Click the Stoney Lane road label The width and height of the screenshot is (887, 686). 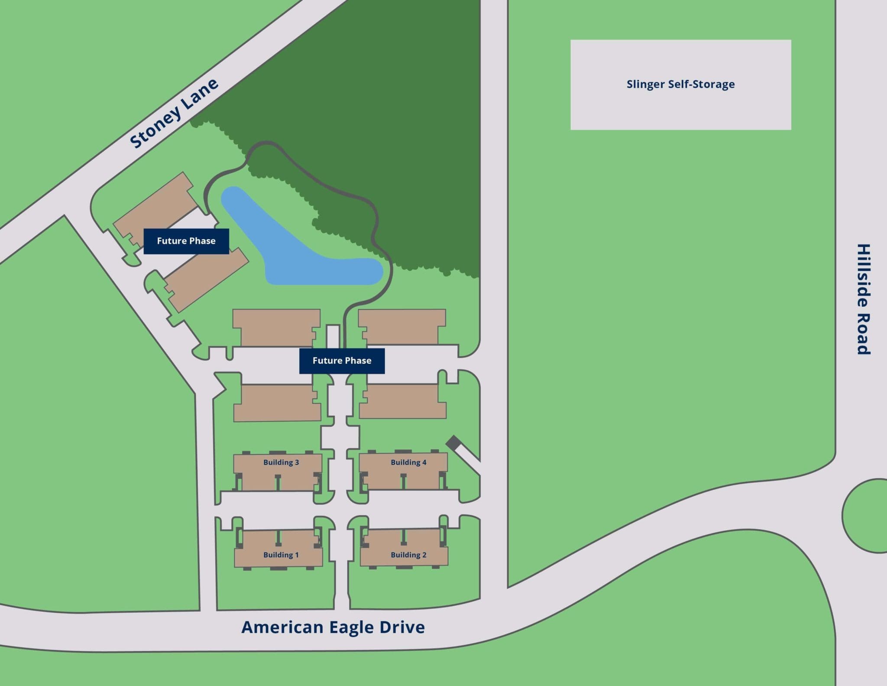click(174, 114)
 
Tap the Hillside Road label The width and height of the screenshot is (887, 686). click(864, 299)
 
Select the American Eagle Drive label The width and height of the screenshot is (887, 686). click(333, 627)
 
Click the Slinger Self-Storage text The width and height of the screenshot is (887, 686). click(680, 84)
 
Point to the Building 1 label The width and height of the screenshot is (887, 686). click(281, 555)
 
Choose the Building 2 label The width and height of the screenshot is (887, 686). click(408, 555)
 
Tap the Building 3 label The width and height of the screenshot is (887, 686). click(281, 462)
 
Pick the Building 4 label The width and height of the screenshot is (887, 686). click(408, 462)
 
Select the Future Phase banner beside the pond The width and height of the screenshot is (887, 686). click(186, 241)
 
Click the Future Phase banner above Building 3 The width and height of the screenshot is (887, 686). click(342, 361)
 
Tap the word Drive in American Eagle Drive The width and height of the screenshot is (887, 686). click(402, 627)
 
